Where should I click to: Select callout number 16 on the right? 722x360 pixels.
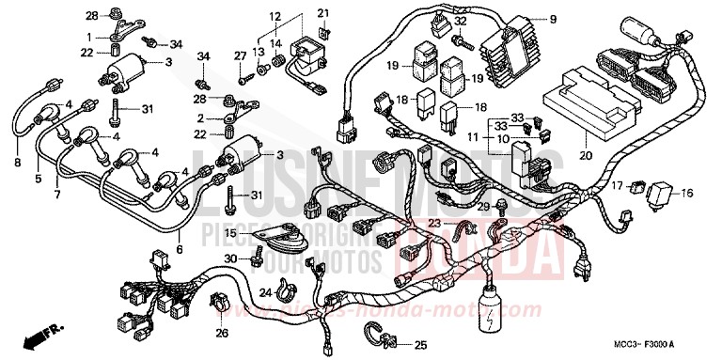(x=686, y=193)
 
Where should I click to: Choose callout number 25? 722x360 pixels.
(x=419, y=344)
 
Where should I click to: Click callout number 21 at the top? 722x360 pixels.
(x=322, y=12)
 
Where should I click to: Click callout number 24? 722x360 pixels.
(x=267, y=293)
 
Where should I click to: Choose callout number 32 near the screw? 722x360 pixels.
(x=460, y=21)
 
